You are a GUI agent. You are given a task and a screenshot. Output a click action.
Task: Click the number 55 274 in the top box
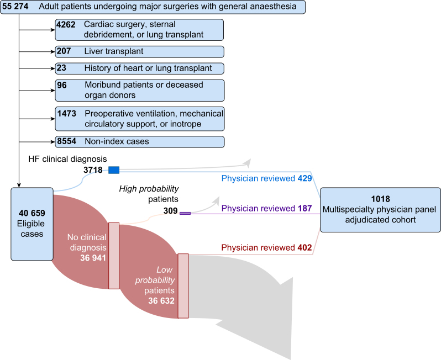[x=16, y=7]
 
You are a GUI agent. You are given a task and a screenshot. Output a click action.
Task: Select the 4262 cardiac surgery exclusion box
[x=139, y=29]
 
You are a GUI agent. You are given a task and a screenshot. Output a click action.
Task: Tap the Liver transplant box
[x=139, y=51]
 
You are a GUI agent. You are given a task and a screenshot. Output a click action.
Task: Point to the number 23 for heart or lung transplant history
[x=62, y=68]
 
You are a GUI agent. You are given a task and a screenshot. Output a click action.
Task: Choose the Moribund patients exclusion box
[x=139, y=90]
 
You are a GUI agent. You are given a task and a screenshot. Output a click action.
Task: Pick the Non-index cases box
[x=139, y=141]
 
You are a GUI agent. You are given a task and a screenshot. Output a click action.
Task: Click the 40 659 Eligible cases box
[x=32, y=224]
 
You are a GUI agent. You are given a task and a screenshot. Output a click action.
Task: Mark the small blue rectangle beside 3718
[x=114, y=170]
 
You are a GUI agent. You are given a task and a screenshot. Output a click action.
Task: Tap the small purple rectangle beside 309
[x=185, y=213]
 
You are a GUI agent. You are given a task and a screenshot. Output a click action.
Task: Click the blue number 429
[x=305, y=179]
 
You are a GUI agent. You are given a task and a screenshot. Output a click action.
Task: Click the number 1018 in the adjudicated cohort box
[x=380, y=198]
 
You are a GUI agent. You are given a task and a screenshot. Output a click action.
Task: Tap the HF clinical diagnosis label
[x=68, y=160]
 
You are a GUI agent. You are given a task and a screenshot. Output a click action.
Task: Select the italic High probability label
[x=149, y=189]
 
